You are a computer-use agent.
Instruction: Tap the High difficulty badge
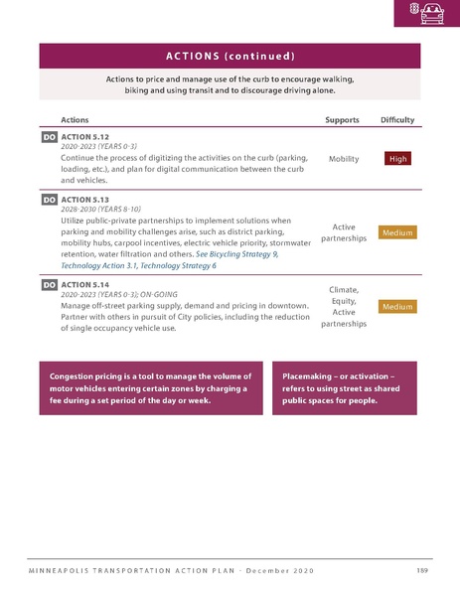click(397, 158)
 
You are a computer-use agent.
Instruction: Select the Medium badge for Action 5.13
click(397, 232)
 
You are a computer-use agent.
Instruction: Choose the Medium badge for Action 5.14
click(397, 307)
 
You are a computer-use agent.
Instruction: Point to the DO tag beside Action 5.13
click(49, 200)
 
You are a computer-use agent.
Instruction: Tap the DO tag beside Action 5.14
click(49, 285)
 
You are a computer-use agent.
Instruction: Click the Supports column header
click(343, 119)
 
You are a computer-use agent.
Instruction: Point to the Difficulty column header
click(397, 119)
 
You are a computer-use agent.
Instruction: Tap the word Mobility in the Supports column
click(343, 158)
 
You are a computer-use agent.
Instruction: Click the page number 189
click(421, 569)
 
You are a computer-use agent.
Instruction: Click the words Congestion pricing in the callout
click(91, 377)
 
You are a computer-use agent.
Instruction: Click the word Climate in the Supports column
click(343, 290)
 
